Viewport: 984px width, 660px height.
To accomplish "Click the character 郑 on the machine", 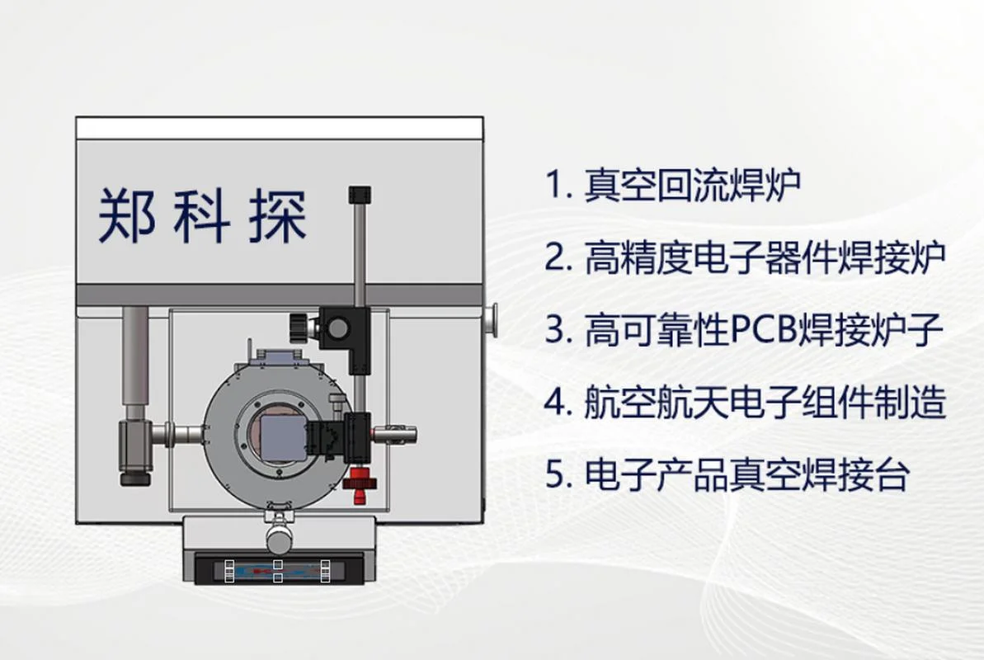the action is (x=127, y=215).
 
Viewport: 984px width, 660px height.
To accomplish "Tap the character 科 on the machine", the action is (x=201, y=215).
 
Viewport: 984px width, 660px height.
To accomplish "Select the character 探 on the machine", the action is (x=277, y=215).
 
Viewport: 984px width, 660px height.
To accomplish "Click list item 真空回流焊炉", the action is (x=693, y=185).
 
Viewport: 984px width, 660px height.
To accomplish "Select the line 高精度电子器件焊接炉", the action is (x=765, y=257).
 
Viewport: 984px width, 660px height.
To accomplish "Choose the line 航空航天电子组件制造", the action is (x=765, y=401).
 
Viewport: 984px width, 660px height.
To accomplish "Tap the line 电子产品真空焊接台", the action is (x=746, y=474).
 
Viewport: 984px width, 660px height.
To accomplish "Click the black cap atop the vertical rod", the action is (x=360, y=195).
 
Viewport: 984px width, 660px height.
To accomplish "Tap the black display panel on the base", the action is (x=279, y=569).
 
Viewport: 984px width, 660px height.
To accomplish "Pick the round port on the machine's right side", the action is (x=491, y=320).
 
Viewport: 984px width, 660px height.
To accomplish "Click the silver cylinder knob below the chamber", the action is (x=279, y=538).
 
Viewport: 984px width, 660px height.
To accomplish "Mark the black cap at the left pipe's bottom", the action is (x=135, y=478).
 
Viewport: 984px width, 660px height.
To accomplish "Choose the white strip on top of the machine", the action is (x=280, y=128).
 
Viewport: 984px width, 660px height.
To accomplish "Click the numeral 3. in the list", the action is (x=558, y=329).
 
